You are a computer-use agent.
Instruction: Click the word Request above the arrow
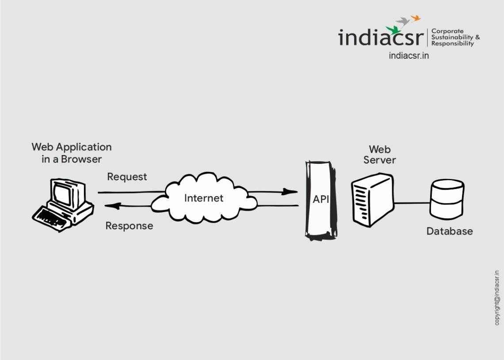[x=127, y=177]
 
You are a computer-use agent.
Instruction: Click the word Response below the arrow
[x=129, y=226]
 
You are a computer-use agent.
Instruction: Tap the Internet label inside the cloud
[x=204, y=198]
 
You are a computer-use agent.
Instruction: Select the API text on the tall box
[x=321, y=199]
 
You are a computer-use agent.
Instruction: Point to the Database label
[x=449, y=231]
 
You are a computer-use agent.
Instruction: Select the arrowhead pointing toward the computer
[x=111, y=206]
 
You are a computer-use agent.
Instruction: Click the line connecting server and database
[x=411, y=203]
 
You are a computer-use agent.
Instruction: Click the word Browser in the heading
[x=81, y=159]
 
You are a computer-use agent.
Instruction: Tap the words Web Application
[x=72, y=147]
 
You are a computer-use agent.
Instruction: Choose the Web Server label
[x=379, y=155]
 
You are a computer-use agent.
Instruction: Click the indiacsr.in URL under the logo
[x=409, y=56]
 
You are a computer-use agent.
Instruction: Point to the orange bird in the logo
[x=415, y=18]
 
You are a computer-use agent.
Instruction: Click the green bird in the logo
[x=392, y=30]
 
